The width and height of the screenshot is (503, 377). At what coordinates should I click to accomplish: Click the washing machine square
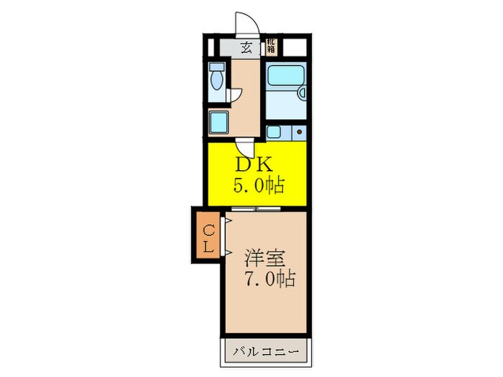[218, 122]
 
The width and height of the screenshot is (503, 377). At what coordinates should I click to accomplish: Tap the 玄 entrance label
[246, 48]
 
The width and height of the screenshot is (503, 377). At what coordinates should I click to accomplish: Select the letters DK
[251, 163]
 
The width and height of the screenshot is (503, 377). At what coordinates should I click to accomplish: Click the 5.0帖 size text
[258, 185]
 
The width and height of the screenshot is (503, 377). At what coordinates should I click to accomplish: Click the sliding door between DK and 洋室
[256, 208]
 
